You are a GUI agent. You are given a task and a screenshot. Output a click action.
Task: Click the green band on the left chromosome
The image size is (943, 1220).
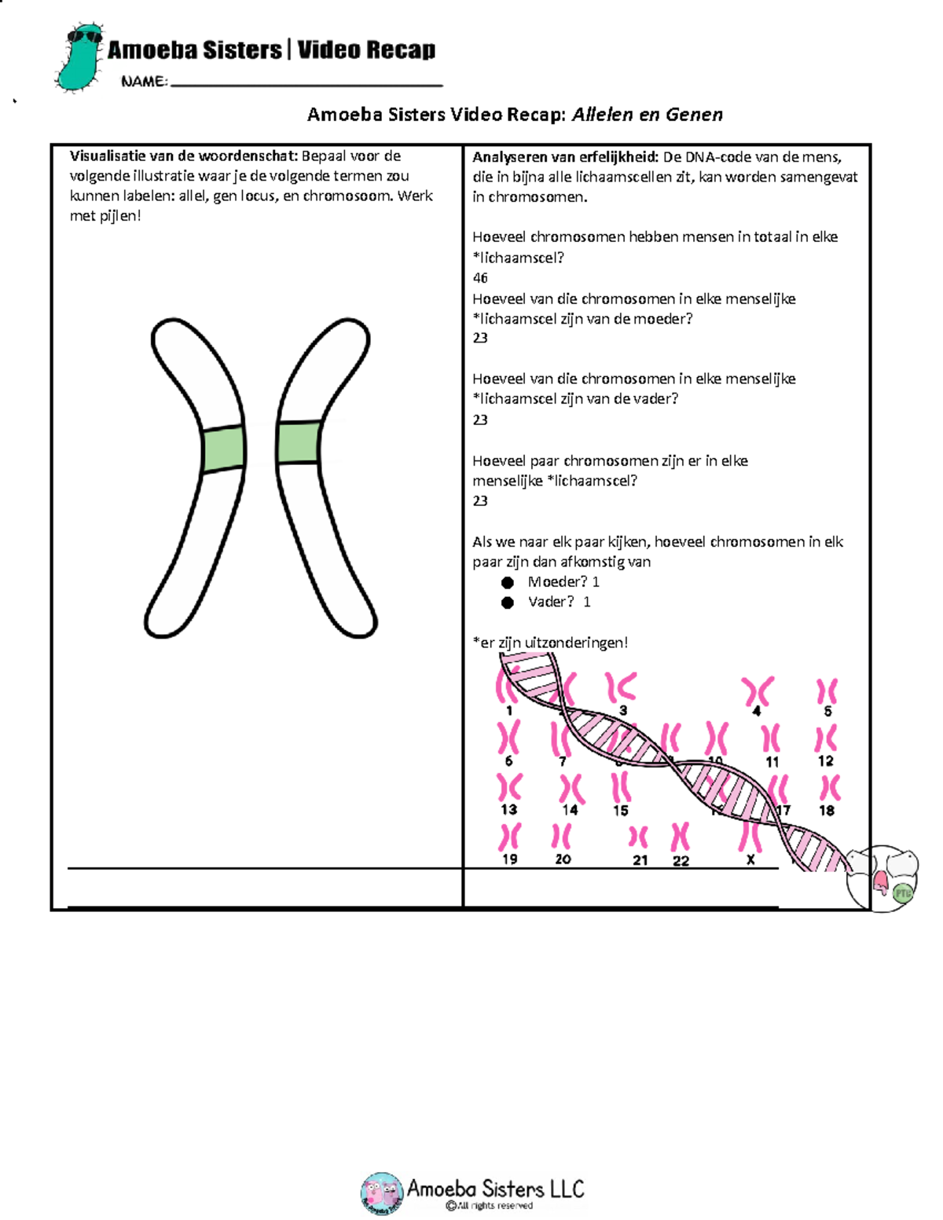coord(223,449)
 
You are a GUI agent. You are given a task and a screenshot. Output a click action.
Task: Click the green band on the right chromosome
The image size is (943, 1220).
coord(299,442)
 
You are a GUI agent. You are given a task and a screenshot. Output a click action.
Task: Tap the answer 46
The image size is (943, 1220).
coord(480,278)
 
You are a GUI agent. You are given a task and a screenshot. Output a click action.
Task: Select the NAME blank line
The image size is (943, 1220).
coord(306,82)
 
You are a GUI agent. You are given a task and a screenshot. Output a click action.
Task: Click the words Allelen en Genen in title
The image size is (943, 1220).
coord(647,115)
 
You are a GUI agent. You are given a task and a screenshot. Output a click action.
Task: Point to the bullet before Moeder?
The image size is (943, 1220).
coord(508,582)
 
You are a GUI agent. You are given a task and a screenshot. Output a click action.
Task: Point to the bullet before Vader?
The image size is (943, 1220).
coord(508,603)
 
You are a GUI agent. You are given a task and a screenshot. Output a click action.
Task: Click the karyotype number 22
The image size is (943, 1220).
coord(681,861)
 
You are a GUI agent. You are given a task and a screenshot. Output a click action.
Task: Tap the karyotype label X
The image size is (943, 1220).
coord(750,860)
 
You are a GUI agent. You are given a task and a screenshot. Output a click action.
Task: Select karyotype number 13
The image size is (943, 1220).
coord(508,810)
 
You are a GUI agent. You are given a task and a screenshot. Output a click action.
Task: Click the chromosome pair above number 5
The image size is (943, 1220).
coord(827,691)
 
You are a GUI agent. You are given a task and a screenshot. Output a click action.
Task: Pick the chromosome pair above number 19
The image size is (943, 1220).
coord(510,837)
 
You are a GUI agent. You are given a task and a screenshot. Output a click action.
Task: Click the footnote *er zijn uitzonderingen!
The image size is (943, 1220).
coord(550,643)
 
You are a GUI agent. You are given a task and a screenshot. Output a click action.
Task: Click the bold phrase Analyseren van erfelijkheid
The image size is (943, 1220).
coord(565,157)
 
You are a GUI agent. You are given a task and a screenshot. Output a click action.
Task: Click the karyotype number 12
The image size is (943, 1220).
coord(825,761)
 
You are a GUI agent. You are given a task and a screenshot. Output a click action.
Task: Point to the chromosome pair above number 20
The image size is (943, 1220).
coord(562,836)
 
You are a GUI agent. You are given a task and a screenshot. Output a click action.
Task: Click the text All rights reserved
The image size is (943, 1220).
coord(494,1206)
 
